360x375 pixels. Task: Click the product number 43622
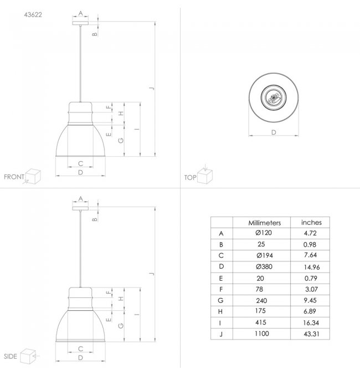pyautogui.click(x=33, y=15)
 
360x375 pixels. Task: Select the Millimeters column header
pyautogui.click(x=265, y=223)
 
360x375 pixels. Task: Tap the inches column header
pyautogui.click(x=311, y=223)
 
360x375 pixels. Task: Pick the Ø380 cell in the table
pyautogui.click(x=264, y=266)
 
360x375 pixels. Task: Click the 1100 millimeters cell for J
pyautogui.click(x=261, y=333)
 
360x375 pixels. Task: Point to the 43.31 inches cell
pyautogui.click(x=311, y=334)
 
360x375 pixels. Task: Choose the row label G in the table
pyautogui.click(x=220, y=300)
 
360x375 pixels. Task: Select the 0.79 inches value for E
pyautogui.click(x=311, y=278)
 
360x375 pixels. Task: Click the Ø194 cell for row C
pyautogui.click(x=265, y=255)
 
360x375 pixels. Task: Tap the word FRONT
pyautogui.click(x=14, y=177)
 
